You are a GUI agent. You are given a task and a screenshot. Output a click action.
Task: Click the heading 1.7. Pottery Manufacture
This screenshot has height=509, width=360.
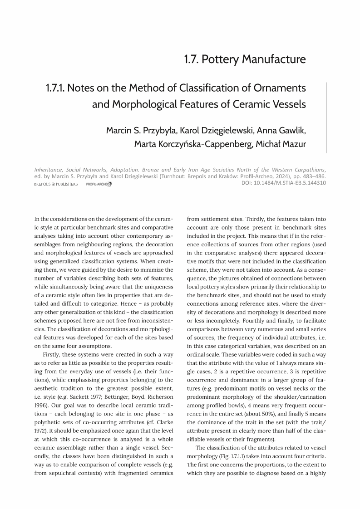245,59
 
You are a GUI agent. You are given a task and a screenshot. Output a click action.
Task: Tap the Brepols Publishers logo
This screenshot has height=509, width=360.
56,184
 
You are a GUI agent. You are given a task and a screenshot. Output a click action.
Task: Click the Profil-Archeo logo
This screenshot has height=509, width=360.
99,184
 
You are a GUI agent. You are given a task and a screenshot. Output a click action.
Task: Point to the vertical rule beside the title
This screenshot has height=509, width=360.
326,117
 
